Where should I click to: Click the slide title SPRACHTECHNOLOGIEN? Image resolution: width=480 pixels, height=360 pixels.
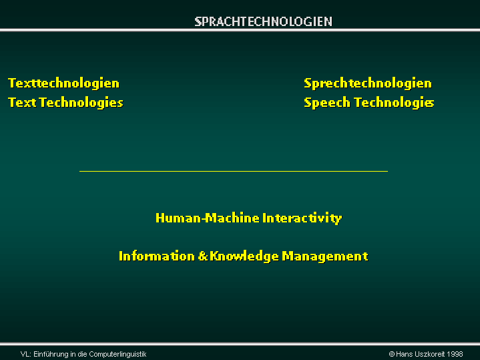pyautogui.click(x=263, y=21)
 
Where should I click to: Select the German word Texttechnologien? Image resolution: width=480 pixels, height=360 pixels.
pyautogui.click(x=63, y=83)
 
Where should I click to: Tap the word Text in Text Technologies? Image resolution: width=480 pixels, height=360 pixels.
pyautogui.click(x=22, y=102)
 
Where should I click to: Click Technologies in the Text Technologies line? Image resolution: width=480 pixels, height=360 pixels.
pyautogui.click(x=81, y=103)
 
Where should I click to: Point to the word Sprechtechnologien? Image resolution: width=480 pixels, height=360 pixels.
pyautogui.click(x=368, y=83)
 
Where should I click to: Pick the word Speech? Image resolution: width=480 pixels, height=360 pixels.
pyautogui.click(x=327, y=103)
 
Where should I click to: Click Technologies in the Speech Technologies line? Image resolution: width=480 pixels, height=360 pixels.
pyautogui.click(x=395, y=103)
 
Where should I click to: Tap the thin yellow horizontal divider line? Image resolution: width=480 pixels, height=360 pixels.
pyautogui.click(x=234, y=171)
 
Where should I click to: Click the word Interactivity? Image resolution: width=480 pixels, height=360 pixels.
pyautogui.click(x=302, y=218)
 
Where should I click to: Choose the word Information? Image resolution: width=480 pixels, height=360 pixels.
pyautogui.click(x=157, y=256)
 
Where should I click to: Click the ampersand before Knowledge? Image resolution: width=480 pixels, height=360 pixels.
pyautogui.click(x=203, y=256)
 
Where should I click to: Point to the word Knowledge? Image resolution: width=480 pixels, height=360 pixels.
pyautogui.click(x=244, y=256)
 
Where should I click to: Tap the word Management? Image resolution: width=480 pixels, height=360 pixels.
pyautogui.click(x=325, y=256)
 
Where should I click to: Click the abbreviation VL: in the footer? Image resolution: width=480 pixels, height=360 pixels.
pyautogui.click(x=26, y=354)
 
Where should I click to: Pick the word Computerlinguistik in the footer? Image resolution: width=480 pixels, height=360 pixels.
pyautogui.click(x=118, y=354)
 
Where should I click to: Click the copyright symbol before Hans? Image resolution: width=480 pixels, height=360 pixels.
pyautogui.click(x=391, y=354)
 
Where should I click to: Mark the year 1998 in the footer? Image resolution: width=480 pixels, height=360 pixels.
pyautogui.click(x=455, y=354)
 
